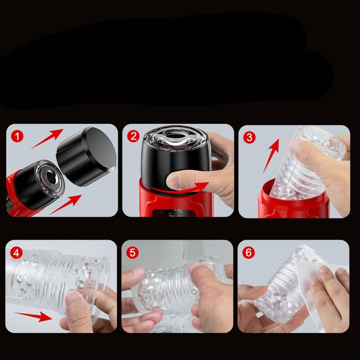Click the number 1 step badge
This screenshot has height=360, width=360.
pos(17,136)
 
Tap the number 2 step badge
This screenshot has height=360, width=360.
pos(133,136)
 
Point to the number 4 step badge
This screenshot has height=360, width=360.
pos(17,252)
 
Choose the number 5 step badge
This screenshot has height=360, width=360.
pos(133,252)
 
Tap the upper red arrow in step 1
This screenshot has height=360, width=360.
pos(47,138)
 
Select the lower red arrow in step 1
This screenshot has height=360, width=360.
pos(65,204)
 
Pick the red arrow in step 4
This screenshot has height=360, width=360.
pos(34,316)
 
